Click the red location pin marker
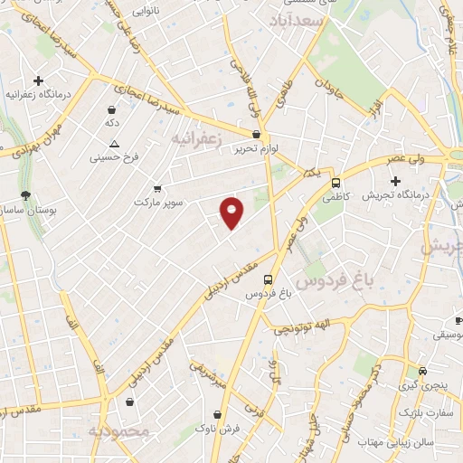click(232, 213)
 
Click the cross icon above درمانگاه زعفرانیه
click(38, 80)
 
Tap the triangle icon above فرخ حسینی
click(114, 145)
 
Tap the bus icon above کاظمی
click(336, 181)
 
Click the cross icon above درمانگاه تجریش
click(395, 181)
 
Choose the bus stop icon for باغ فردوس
click(268, 280)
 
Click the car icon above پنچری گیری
click(424, 371)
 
